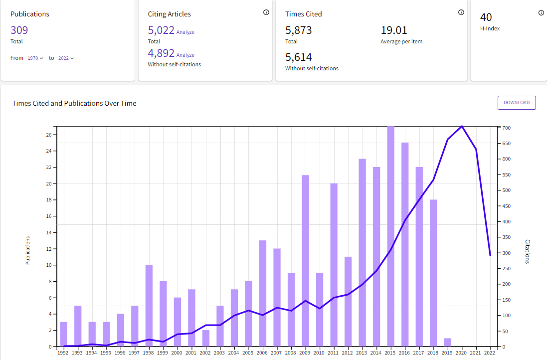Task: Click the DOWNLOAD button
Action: [x=516, y=103]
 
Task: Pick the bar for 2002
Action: [x=206, y=338]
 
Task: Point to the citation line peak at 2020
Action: [x=462, y=126]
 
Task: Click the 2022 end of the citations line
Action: [x=490, y=255]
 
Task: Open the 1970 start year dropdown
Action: [x=35, y=58]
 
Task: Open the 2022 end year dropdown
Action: [x=66, y=58]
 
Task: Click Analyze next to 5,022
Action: [x=185, y=32]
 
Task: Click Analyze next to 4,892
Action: [x=185, y=55]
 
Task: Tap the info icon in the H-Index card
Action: [x=541, y=13]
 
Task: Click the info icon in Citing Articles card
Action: [x=266, y=12]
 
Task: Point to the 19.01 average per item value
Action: [x=394, y=30]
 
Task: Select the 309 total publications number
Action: [x=19, y=30]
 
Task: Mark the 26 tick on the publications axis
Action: [x=49, y=135]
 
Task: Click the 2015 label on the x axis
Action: [x=390, y=353]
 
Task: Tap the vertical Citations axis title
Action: [x=528, y=251]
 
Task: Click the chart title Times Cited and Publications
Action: [x=74, y=103]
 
